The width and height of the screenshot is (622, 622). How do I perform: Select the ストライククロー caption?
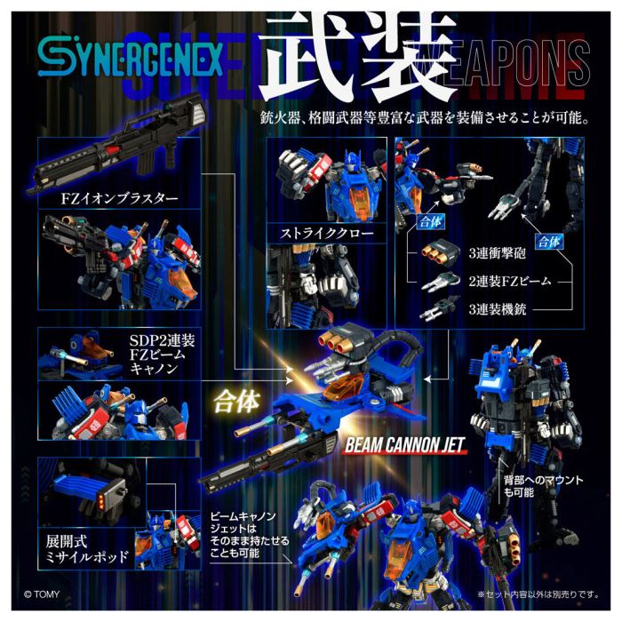[x=320, y=235]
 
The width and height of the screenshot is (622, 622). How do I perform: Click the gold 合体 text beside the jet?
[x=235, y=399]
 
